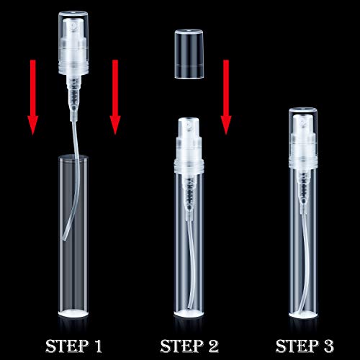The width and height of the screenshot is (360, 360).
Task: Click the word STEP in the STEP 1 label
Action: point(66,346)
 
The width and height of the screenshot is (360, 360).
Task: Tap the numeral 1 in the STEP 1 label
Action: point(97,346)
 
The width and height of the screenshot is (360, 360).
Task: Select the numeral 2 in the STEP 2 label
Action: point(212,346)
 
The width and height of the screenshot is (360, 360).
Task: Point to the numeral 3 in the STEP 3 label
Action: point(328,346)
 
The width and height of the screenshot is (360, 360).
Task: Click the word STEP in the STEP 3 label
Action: point(297,346)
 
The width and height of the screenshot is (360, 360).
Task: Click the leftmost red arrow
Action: point(32,97)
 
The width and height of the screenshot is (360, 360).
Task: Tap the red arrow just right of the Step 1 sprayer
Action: point(115,97)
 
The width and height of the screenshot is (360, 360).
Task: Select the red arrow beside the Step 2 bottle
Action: point(226,97)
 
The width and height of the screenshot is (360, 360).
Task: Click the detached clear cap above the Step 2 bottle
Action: point(189,54)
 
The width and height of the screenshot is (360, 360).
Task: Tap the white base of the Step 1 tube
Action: point(73,313)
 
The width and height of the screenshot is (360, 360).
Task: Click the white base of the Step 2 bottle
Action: point(189,313)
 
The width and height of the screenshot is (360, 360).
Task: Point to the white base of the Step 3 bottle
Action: point(303,315)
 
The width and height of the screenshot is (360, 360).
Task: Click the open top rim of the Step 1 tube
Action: point(73,158)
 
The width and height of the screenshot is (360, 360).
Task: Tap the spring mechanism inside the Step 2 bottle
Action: point(189,192)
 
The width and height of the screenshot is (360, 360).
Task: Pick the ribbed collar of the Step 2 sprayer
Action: point(189,166)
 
